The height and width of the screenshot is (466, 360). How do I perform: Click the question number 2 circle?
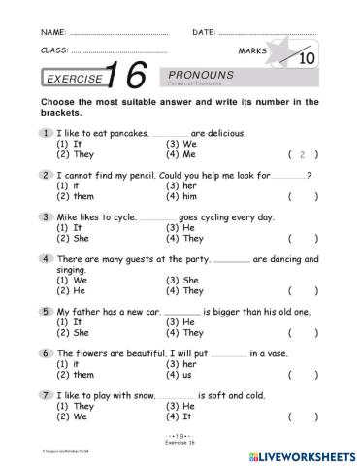coord(46,175)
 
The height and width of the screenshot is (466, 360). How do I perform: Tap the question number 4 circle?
coord(46,259)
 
